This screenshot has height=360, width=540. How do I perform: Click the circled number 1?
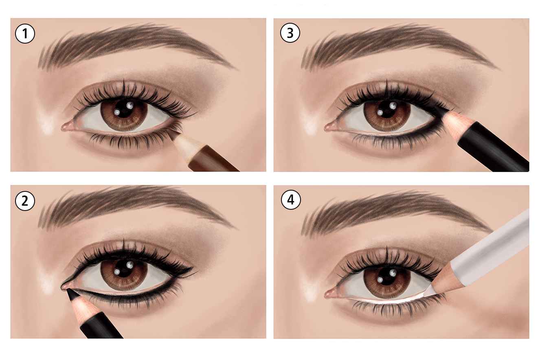click(26, 34)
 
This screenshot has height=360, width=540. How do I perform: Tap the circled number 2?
click(26, 201)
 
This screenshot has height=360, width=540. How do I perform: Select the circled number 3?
click(290, 34)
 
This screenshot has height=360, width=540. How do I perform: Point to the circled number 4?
click(290, 200)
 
